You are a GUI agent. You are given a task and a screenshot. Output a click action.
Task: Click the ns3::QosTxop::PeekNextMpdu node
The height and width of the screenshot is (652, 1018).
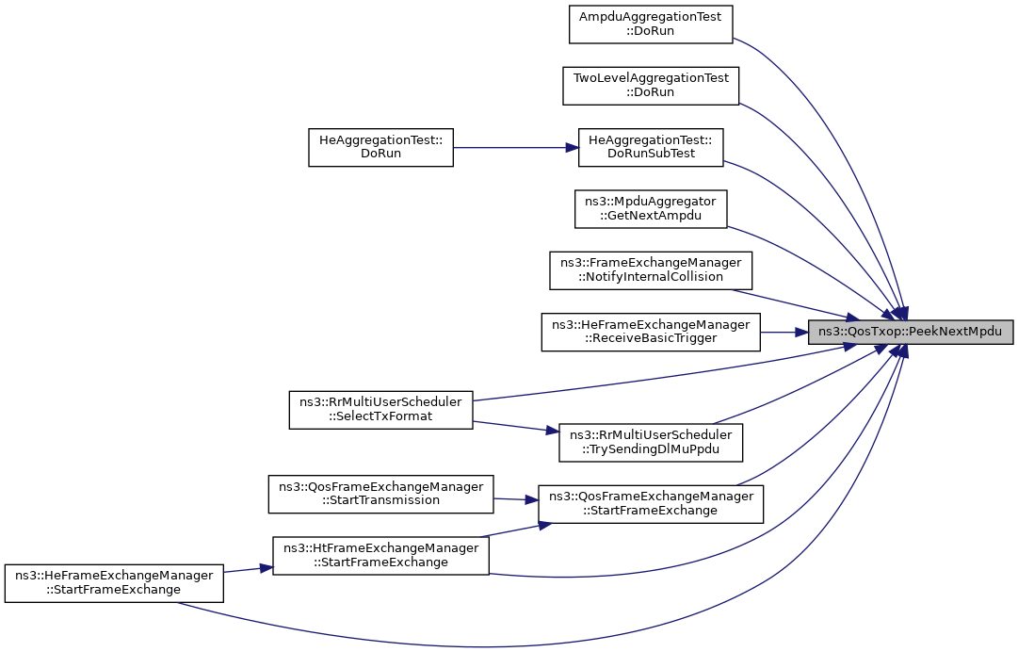pyautogui.click(x=910, y=332)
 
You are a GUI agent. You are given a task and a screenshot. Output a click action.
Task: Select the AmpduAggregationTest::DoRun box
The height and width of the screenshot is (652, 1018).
pyautogui.click(x=651, y=24)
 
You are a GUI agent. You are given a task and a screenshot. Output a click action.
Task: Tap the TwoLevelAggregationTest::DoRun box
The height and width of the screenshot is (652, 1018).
pyautogui.click(x=651, y=86)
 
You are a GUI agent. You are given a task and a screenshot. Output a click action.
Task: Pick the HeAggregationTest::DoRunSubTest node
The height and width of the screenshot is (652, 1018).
pyautogui.click(x=651, y=147)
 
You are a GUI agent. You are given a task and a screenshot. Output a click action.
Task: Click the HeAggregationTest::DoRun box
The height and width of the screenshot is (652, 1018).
pyautogui.click(x=380, y=147)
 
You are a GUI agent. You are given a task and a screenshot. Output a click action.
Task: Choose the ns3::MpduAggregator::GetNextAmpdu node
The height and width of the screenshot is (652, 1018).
pyautogui.click(x=651, y=209)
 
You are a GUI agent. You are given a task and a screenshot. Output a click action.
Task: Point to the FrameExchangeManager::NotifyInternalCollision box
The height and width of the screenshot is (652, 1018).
pyautogui.click(x=651, y=270)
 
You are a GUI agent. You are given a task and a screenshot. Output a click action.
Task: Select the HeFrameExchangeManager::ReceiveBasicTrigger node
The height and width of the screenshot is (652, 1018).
pyautogui.click(x=651, y=332)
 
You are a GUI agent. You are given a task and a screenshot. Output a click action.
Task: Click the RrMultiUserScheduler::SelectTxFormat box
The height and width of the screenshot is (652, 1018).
pyautogui.click(x=380, y=410)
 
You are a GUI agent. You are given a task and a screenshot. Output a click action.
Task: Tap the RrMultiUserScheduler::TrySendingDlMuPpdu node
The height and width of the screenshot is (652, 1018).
pyautogui.click(x=651, y=443)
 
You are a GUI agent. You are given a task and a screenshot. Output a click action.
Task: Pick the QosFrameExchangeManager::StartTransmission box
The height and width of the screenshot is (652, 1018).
pyautogui.click(x=380, y=495)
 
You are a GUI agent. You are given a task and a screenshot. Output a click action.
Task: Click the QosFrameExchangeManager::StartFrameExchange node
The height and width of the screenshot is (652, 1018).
pyautogui.click(x=651, y=504)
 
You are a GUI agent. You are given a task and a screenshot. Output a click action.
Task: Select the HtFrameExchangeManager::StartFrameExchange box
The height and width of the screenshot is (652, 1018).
pyautogui.click(x=380, y=555)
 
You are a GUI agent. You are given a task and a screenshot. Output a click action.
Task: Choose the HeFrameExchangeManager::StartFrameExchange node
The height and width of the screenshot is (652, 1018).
pyautogui.click(x=114, y=582)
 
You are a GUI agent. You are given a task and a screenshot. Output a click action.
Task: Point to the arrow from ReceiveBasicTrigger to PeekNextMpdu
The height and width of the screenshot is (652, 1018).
pyautogui.click(x=784, y=332)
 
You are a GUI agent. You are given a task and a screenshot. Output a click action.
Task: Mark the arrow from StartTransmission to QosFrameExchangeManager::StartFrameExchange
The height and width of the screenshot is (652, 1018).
pyautogui.click(x=515, y=499)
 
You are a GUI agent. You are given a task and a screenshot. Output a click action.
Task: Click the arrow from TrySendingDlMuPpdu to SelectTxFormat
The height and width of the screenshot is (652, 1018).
pyautogui.click(x=515, y=427)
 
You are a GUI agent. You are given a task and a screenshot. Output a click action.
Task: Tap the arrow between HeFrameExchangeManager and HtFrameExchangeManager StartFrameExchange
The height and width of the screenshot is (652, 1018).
pyautogui.click(x=248, y=569)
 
